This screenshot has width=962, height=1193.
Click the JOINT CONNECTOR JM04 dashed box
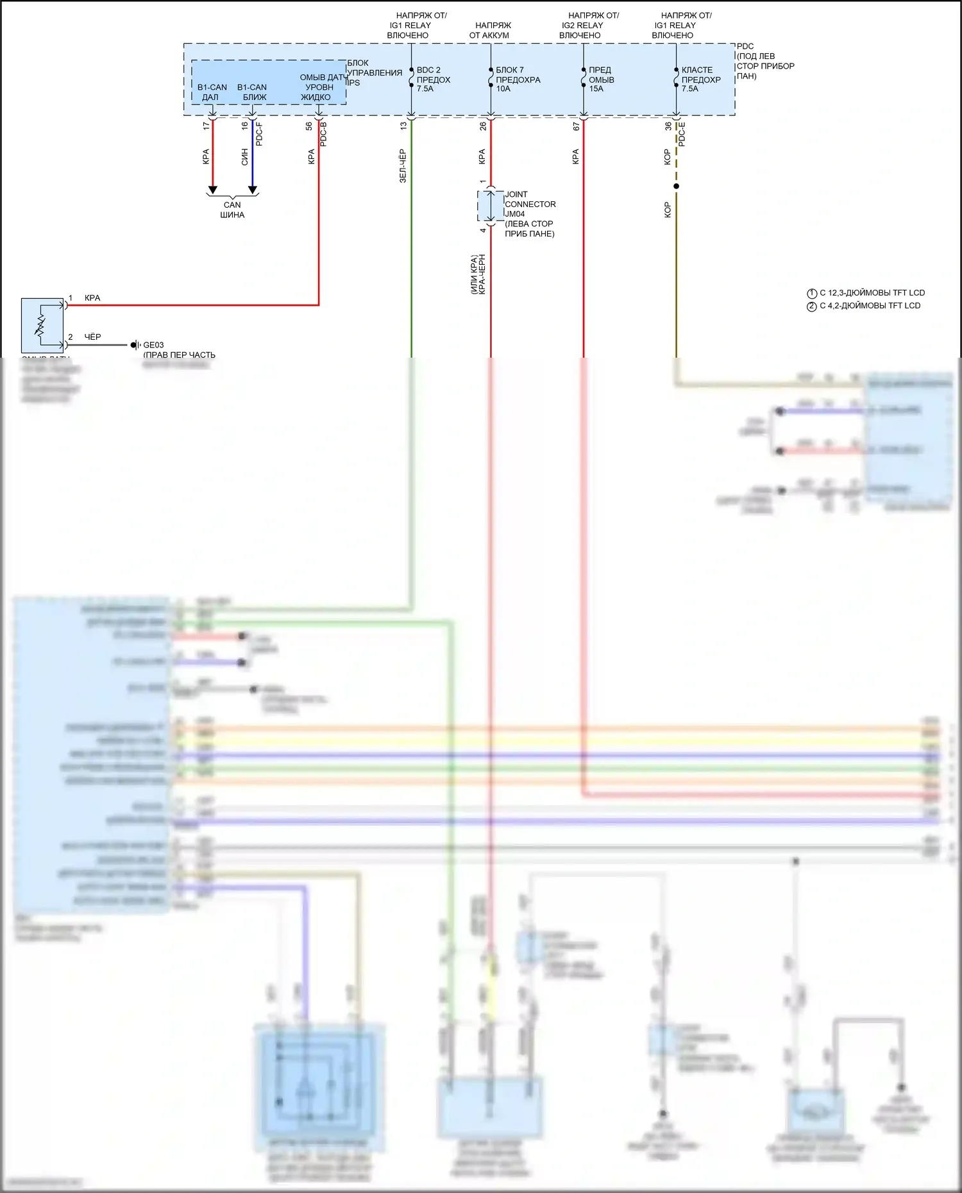491,206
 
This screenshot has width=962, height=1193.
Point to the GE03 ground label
153,345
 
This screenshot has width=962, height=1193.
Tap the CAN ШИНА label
232,210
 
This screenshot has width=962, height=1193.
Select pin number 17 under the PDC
207,126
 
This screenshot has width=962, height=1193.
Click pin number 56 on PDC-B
309,126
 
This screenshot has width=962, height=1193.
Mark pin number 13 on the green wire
403,126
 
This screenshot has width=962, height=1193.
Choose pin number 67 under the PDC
576,126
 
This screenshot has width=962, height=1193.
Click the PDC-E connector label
682,134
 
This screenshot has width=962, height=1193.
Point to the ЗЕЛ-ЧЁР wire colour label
403,166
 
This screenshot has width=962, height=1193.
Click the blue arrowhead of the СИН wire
253,190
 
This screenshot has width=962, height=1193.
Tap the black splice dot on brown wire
676,187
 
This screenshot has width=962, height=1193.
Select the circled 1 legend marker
811,294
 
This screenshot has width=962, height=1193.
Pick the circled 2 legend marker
811,306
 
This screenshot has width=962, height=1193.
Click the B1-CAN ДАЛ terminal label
212,92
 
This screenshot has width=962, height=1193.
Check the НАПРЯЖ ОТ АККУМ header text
491,30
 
